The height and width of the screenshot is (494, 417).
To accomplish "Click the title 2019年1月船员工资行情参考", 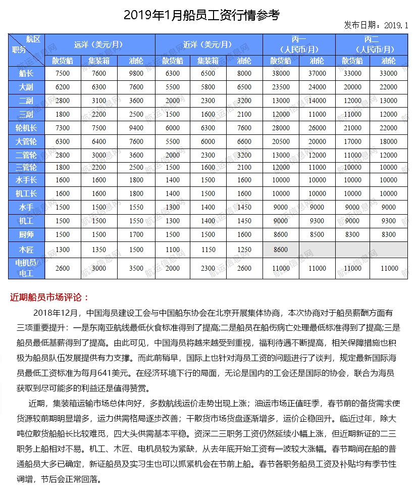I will click(201, 15).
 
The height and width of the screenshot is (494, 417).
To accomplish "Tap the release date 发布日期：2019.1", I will click(376, 25).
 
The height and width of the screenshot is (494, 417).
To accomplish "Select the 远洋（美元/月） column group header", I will click(99, 44).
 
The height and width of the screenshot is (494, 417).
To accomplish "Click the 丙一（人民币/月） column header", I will click(299, 44).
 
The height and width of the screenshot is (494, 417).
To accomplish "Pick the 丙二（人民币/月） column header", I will click(371, 44).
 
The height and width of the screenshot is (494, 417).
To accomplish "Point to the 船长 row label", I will click(26, 73).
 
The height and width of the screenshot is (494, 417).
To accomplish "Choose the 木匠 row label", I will click(26, 250).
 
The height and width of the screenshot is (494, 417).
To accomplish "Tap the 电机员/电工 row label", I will click(26, 268).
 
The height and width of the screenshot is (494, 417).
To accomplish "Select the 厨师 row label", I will click(26, 234).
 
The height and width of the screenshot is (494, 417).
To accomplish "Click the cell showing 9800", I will click(136, 73).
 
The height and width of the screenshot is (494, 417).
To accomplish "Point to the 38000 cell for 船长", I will click(280, 73).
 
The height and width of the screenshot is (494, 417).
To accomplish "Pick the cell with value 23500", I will click(280, 87).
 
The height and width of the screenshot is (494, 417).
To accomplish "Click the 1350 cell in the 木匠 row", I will click(99, 250).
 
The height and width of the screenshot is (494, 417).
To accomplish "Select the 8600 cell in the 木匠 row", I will click(280, 250).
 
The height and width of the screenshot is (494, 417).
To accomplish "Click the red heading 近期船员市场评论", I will click(49, 297).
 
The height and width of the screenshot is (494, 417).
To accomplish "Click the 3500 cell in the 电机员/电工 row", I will click(136, 268).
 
